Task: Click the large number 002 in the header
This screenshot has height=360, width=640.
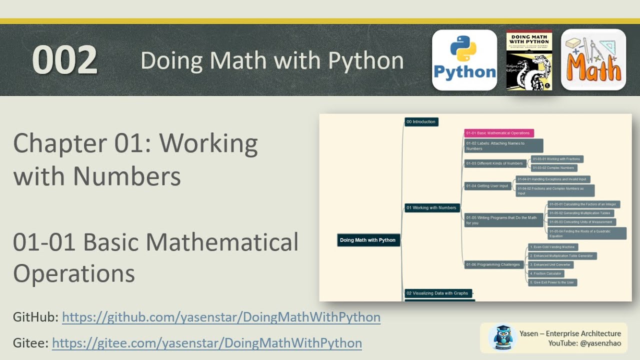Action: click(64, 60)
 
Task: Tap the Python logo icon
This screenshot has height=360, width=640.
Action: click(464, 60)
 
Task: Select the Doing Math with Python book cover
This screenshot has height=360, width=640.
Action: click(529, 60)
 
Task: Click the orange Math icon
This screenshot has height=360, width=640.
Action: click(593, 60)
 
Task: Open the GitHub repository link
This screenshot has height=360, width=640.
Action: click(221, 317)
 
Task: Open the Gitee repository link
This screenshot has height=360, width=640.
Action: click(206, 343)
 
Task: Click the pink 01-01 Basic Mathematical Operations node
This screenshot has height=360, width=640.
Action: click(499, 133)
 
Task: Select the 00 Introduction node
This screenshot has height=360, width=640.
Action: click(421, 121)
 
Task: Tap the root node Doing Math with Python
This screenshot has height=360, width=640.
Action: click(368, 240)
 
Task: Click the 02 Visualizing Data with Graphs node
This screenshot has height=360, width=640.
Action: click(437, 293)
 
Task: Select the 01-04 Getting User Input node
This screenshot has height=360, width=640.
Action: click(487, 186)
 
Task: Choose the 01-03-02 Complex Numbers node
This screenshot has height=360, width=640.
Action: click(554, 168)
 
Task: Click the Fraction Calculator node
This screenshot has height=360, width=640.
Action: click(546, 273)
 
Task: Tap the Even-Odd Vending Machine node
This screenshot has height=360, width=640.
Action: click(553, 247)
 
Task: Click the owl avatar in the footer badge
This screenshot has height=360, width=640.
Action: click(503, 337)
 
